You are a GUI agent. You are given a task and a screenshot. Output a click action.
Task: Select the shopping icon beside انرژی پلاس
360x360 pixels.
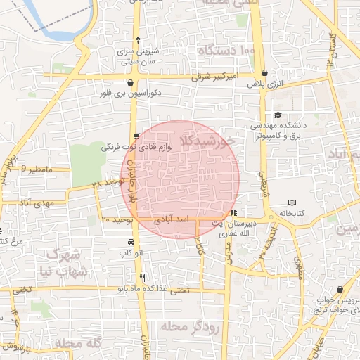(x=264, y=72)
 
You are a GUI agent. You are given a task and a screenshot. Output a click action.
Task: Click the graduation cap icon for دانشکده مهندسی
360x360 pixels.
(x=278, y=115)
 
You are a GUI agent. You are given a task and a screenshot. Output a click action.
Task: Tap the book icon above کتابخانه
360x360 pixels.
(x=292, y=202)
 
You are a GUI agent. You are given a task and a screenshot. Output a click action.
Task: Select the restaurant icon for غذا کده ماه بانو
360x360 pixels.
(x=143, y=277)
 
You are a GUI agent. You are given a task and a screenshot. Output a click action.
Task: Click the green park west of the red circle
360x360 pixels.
(x=87, y=163)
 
